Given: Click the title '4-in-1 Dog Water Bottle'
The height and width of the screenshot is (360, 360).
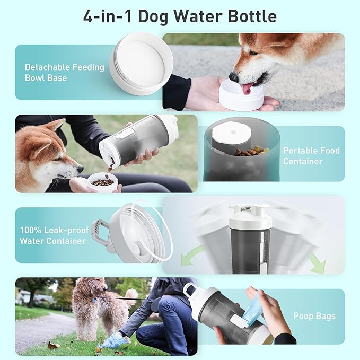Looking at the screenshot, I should click(180, 16).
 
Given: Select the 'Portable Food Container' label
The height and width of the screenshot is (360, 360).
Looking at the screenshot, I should click(311, 156).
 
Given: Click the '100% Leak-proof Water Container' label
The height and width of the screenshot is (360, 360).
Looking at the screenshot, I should click(52, 236).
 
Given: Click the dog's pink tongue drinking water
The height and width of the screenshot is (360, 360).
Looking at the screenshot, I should click(248, 87).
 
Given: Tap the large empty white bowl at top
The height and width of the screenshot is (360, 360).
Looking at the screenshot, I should click(141, 63).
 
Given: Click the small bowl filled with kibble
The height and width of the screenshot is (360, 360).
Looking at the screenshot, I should click(103, 182).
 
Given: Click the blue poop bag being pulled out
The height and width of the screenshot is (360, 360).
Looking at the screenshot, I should click(253, 308).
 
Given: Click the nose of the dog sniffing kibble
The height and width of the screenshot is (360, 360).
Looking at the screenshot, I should click(80, 170).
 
